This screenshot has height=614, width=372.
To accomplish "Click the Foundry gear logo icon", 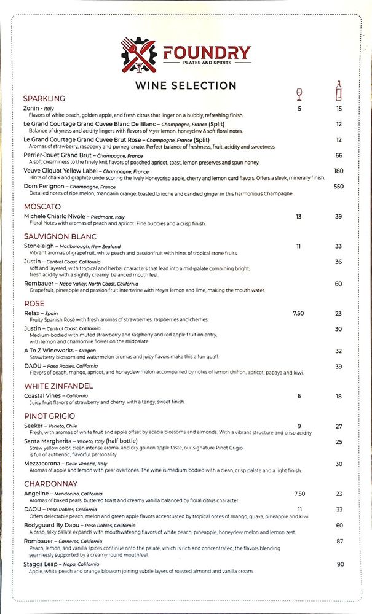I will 140,55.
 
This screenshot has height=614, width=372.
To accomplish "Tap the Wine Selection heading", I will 186,85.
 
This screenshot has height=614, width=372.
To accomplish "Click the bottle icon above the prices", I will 338,91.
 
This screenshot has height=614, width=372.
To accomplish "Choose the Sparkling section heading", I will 44,98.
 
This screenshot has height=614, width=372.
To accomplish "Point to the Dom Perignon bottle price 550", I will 339,187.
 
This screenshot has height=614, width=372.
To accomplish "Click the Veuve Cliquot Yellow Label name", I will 61,171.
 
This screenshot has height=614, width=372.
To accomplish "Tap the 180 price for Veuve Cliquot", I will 339,171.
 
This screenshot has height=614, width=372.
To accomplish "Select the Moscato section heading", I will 42,207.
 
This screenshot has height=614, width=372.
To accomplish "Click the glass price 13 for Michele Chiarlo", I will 299,217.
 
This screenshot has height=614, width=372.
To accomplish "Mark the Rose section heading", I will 34,303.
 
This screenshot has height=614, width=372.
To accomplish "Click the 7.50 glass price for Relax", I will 298,313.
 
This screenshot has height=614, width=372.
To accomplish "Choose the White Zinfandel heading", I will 58,386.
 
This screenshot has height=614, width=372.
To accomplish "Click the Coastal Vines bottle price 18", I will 339,396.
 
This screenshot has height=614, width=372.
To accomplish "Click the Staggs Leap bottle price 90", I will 340,564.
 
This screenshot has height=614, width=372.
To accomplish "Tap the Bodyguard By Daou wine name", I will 53,525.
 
